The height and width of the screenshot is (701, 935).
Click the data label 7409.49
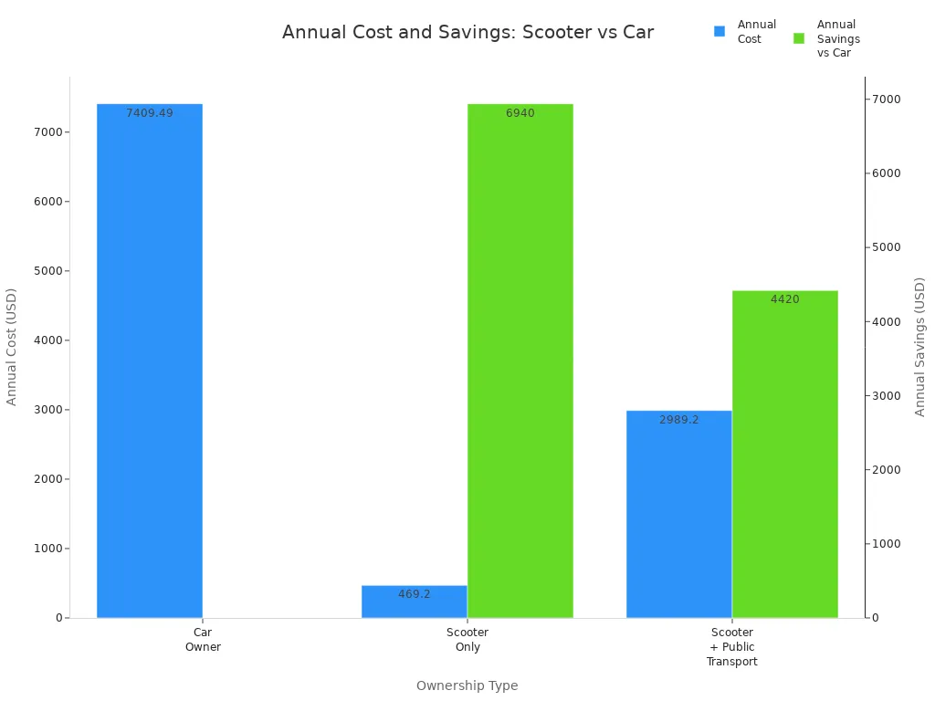(149, 113)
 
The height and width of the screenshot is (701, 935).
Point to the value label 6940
(520, 113)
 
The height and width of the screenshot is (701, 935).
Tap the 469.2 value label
(414, 594)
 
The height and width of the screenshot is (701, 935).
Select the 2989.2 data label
(678, 420)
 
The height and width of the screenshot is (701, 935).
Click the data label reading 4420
(784, 299)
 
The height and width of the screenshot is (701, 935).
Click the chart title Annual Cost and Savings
(467, 32)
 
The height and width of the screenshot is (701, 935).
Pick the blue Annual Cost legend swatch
(720, 31)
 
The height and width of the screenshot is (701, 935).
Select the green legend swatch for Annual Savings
(799, 38)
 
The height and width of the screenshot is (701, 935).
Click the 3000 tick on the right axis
(887, 395)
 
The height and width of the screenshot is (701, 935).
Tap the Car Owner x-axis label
(203, 639)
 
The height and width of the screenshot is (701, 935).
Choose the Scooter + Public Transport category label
(731, 646)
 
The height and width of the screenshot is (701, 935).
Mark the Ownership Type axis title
(467, 685)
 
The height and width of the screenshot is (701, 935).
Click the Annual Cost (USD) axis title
(12, 347)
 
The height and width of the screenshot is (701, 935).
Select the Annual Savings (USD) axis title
(919, 347)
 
